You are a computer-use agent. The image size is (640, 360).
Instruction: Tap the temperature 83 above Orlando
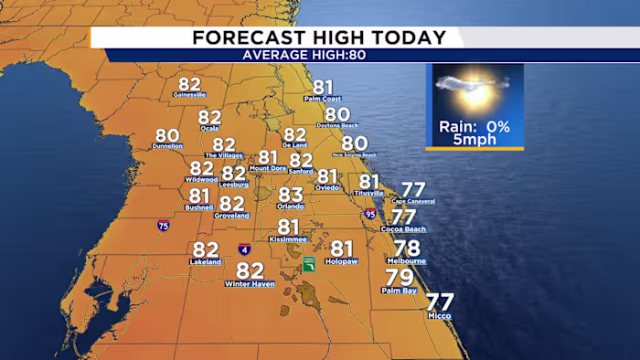pos(291,195)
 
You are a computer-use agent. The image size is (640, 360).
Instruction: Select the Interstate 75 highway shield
pos(163,225)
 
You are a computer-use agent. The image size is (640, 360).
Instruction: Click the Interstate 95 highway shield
pos(370,215)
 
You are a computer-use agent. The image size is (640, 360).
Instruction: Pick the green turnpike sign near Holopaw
pos(310,264)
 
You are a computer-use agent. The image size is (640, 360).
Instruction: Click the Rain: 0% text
pos(474,126)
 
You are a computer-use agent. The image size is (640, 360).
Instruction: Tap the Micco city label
pos(440,316)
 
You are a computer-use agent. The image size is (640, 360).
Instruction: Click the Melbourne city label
pos(410,261)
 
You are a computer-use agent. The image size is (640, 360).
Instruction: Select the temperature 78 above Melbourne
pos(407,249)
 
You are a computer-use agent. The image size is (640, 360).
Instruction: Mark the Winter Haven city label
pos(250,284)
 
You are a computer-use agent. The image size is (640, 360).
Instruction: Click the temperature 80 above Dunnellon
pos(167,135)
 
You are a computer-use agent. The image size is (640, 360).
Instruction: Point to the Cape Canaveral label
pos(413,201)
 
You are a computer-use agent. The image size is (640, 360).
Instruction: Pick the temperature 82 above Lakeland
pos(206,249)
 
